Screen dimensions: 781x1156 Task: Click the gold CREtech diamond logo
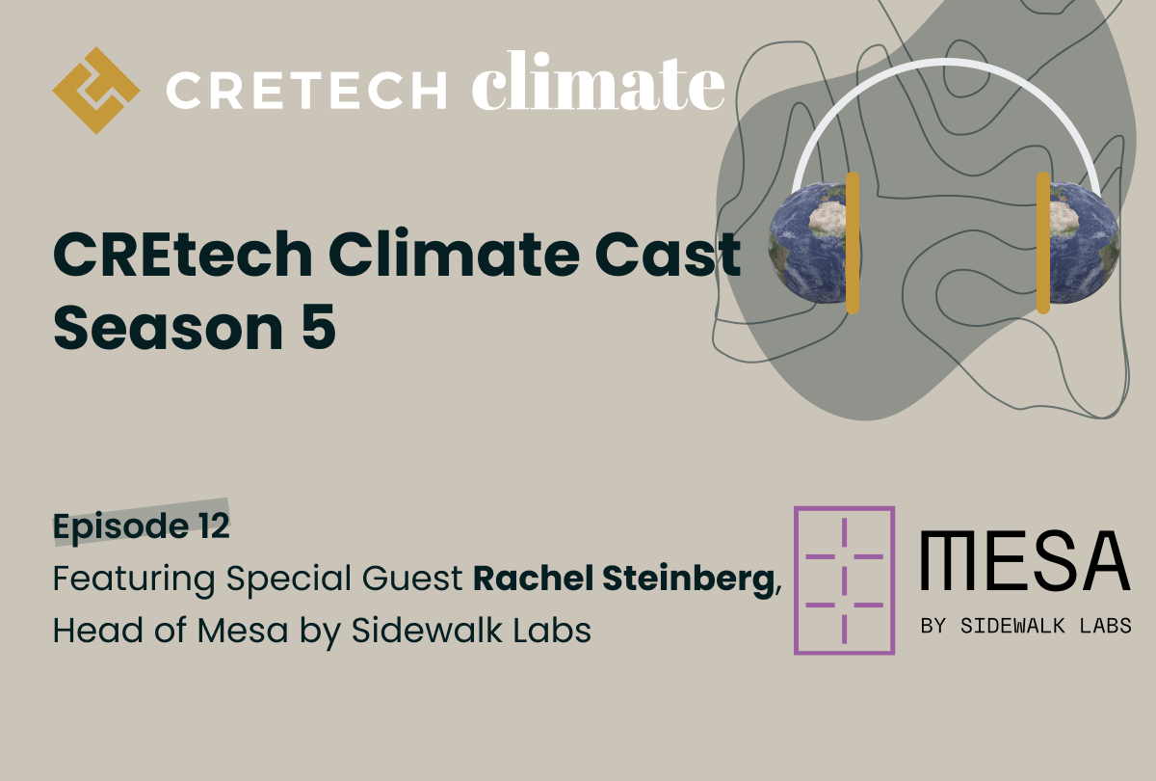click(x=95, y=90)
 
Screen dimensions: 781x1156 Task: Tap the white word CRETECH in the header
click(x=306, y=92)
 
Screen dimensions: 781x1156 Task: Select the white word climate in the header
click(x=597, y=87)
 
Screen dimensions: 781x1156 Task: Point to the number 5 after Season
click(x=321, y=328)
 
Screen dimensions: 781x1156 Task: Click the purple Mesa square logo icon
click(x=844, y=579)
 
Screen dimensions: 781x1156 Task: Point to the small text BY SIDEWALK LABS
click(x=1026, y=626)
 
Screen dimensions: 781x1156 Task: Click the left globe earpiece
click(x=809, y=243)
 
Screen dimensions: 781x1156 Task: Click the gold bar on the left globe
click(x=852, y=243)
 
